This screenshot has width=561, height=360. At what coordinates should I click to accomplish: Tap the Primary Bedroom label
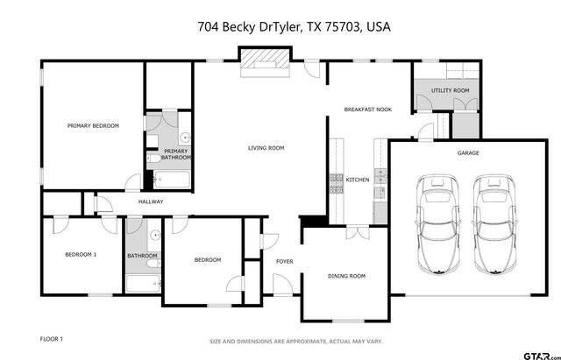point(93,126)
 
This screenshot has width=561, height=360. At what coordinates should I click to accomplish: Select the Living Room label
point(266,148)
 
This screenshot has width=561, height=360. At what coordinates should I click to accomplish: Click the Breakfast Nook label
point(367,109)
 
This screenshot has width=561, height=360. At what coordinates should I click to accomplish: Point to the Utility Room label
point(450,90)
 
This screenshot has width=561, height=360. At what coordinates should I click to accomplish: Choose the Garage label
point(468,152)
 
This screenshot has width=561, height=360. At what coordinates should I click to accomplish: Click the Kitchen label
point(358,180)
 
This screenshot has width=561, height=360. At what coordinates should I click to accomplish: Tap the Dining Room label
point(346,276)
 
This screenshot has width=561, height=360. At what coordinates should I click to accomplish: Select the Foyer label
point(285,261)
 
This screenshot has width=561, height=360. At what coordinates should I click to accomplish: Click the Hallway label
point(151,201)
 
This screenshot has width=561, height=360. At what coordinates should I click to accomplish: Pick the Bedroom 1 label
point(81,255)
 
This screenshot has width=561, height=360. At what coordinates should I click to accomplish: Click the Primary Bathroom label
point(175,154)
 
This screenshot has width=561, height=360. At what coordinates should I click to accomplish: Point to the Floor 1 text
point(52,338)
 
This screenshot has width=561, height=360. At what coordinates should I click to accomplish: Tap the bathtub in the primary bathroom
point(172,180)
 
